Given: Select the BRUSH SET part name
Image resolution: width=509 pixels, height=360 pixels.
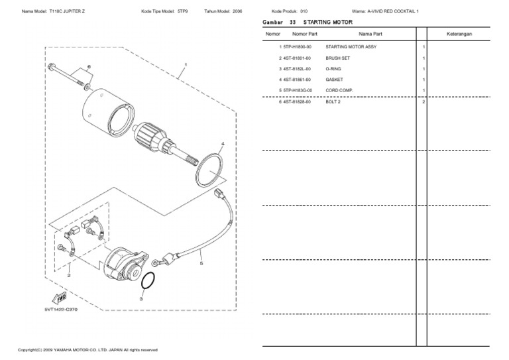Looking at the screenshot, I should [x=337, y=58].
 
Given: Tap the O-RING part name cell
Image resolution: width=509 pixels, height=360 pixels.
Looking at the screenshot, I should [x=333, y=69].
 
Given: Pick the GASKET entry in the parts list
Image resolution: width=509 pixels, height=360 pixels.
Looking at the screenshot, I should [x=334, y=80].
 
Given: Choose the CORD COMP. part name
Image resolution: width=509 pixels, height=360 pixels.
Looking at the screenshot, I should [x=339, y=90].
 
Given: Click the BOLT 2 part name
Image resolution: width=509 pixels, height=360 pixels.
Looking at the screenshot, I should [x=333, y=101].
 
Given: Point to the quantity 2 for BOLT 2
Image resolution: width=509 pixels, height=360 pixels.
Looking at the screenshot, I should [x=423, y=101].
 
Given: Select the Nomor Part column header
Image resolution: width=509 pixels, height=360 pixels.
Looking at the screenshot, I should [x=305, y=33].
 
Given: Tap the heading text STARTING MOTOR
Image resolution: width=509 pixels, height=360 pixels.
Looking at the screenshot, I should [x=328, y=22].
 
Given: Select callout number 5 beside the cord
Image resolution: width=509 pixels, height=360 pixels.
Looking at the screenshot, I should [x=201, y=263].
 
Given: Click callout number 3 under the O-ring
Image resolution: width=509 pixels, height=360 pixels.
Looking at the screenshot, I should [x=141, y=299].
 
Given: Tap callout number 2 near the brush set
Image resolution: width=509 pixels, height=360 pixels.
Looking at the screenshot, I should [x=69, y=273].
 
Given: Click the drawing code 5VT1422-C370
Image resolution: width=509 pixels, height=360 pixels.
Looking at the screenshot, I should [x=61, y=309].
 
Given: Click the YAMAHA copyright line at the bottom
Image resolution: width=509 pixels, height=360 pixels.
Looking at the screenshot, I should [x=87, y=349].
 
